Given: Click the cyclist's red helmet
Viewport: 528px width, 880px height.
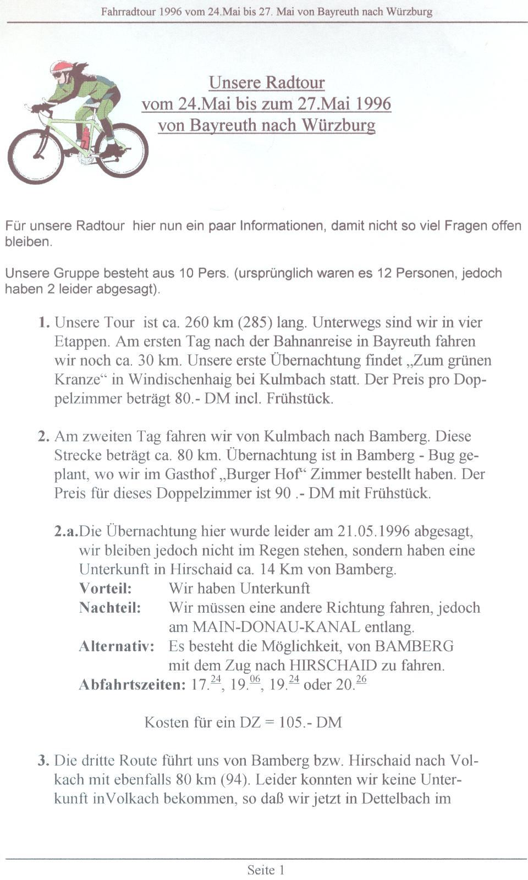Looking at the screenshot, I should [61, 67].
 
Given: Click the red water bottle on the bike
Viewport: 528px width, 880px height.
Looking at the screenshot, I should [85, 138].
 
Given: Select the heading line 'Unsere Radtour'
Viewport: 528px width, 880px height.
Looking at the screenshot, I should [267, 82].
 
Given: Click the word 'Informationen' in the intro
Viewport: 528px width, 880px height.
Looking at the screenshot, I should [281, 226].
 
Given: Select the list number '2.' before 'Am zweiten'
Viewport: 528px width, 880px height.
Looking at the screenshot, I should [44, 437].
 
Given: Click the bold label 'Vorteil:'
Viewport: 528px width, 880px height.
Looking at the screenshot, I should [106, 588].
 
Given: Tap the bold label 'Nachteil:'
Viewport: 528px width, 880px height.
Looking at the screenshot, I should [110, 608].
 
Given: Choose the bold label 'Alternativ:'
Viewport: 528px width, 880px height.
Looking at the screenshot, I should [117, 646].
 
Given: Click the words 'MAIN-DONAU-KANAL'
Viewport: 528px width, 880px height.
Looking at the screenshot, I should [276, 627].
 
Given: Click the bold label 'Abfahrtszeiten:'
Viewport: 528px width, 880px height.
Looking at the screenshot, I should [132, 685].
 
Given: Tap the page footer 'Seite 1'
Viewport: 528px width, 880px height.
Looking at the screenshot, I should [266, 870].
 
